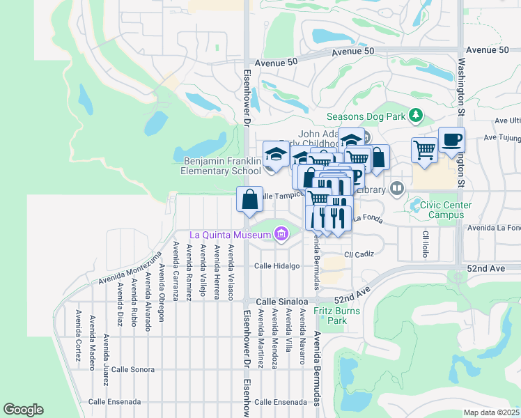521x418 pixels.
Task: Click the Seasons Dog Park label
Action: tap(365, 116)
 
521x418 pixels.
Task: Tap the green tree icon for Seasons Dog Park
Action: tap(416, 115)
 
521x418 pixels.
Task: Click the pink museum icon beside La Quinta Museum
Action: tap(281, 235)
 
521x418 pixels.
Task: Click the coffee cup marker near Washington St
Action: tap(451, 139)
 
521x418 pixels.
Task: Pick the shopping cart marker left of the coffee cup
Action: tap(424, 149)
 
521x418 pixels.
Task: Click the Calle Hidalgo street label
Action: tap(277, 266)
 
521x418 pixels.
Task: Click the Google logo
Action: tap(23, 410)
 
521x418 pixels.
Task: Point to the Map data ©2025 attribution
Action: tap(492, 412)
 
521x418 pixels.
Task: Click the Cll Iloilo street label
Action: tap(424, 241)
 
